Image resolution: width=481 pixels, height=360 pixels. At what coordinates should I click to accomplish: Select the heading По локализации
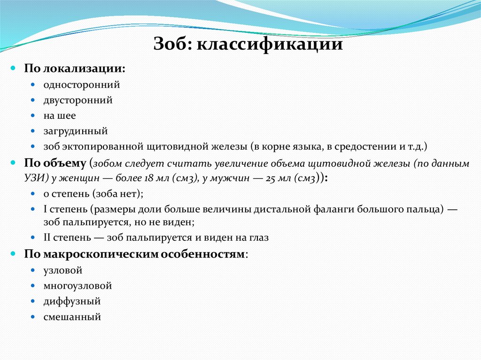[75, 69]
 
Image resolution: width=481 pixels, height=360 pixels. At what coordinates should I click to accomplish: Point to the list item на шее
[60, 115]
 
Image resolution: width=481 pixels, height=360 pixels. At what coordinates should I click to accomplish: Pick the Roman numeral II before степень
[48, 237]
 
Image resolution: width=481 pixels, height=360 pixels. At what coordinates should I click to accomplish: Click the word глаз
[259, 237]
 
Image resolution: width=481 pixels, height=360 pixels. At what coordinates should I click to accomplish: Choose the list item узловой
[62, 270]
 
